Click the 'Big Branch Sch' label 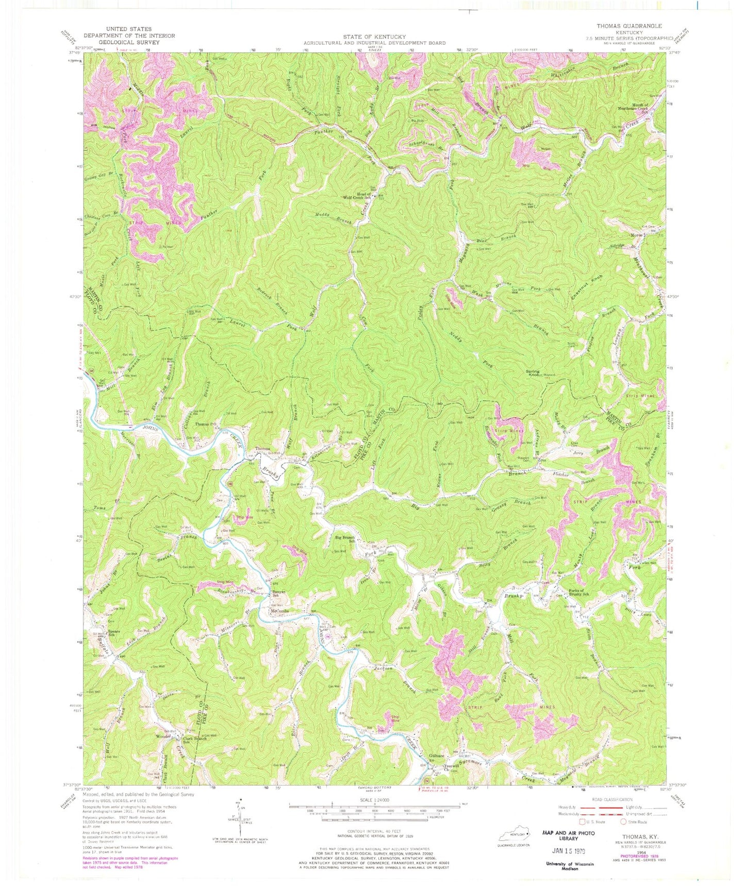point(345,539)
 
